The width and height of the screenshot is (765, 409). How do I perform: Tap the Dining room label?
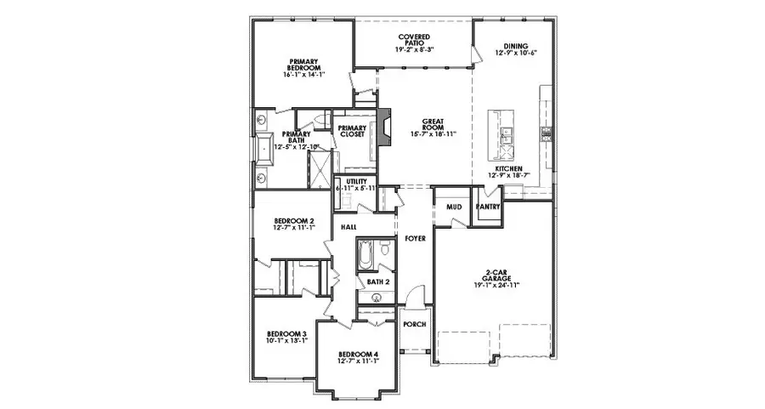click(x=515, y=46)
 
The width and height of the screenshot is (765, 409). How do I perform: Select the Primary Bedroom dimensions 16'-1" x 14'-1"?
click(x=303, y=75)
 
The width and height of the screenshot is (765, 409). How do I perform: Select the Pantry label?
click(x=487, y=207)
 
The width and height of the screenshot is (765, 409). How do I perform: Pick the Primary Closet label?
click(x=351, y=131)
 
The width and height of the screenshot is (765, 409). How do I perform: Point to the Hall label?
click(x=348, y=228)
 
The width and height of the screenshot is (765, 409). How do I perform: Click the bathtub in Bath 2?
click(x=366, y=253)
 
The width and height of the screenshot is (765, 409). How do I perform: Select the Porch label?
click(x=414, y=325)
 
